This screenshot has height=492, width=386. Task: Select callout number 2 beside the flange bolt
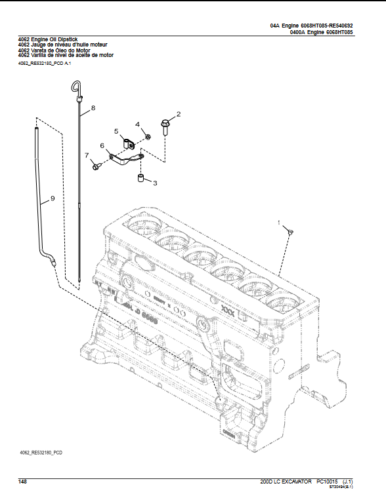click(178, 115)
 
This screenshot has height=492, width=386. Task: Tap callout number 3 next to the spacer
click(155, 183)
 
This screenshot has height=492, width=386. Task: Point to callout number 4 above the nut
click(138, 124)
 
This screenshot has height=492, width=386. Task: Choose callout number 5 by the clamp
click(116, 132)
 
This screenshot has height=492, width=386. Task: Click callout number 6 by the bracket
click(102, 145)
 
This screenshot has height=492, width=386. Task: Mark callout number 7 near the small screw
click(86, 155)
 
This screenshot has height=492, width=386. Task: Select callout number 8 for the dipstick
click(93, 107)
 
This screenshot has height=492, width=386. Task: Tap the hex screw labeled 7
click(96, 167)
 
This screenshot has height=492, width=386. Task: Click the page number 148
click(22, 481)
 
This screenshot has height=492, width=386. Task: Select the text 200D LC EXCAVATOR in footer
click(287, 481)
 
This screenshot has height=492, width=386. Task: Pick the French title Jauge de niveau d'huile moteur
click(62, 45)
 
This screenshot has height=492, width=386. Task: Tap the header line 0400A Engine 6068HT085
click(321, 31)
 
